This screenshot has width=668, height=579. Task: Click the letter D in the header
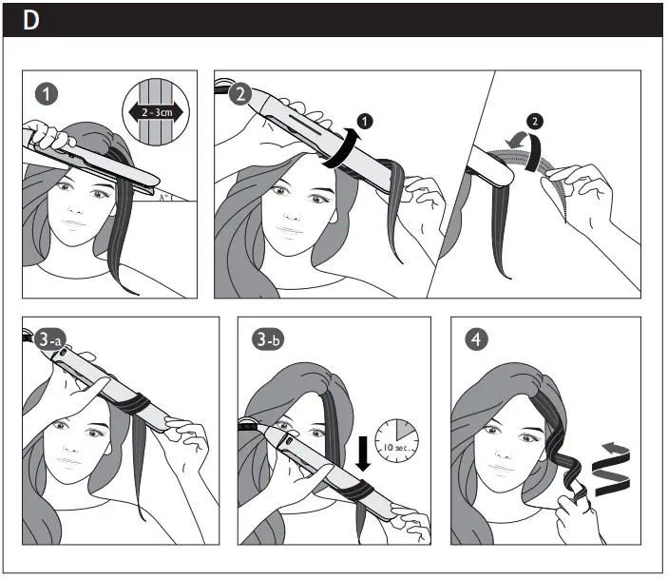[30, 21]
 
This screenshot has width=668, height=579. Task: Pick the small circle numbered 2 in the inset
[534, 121]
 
